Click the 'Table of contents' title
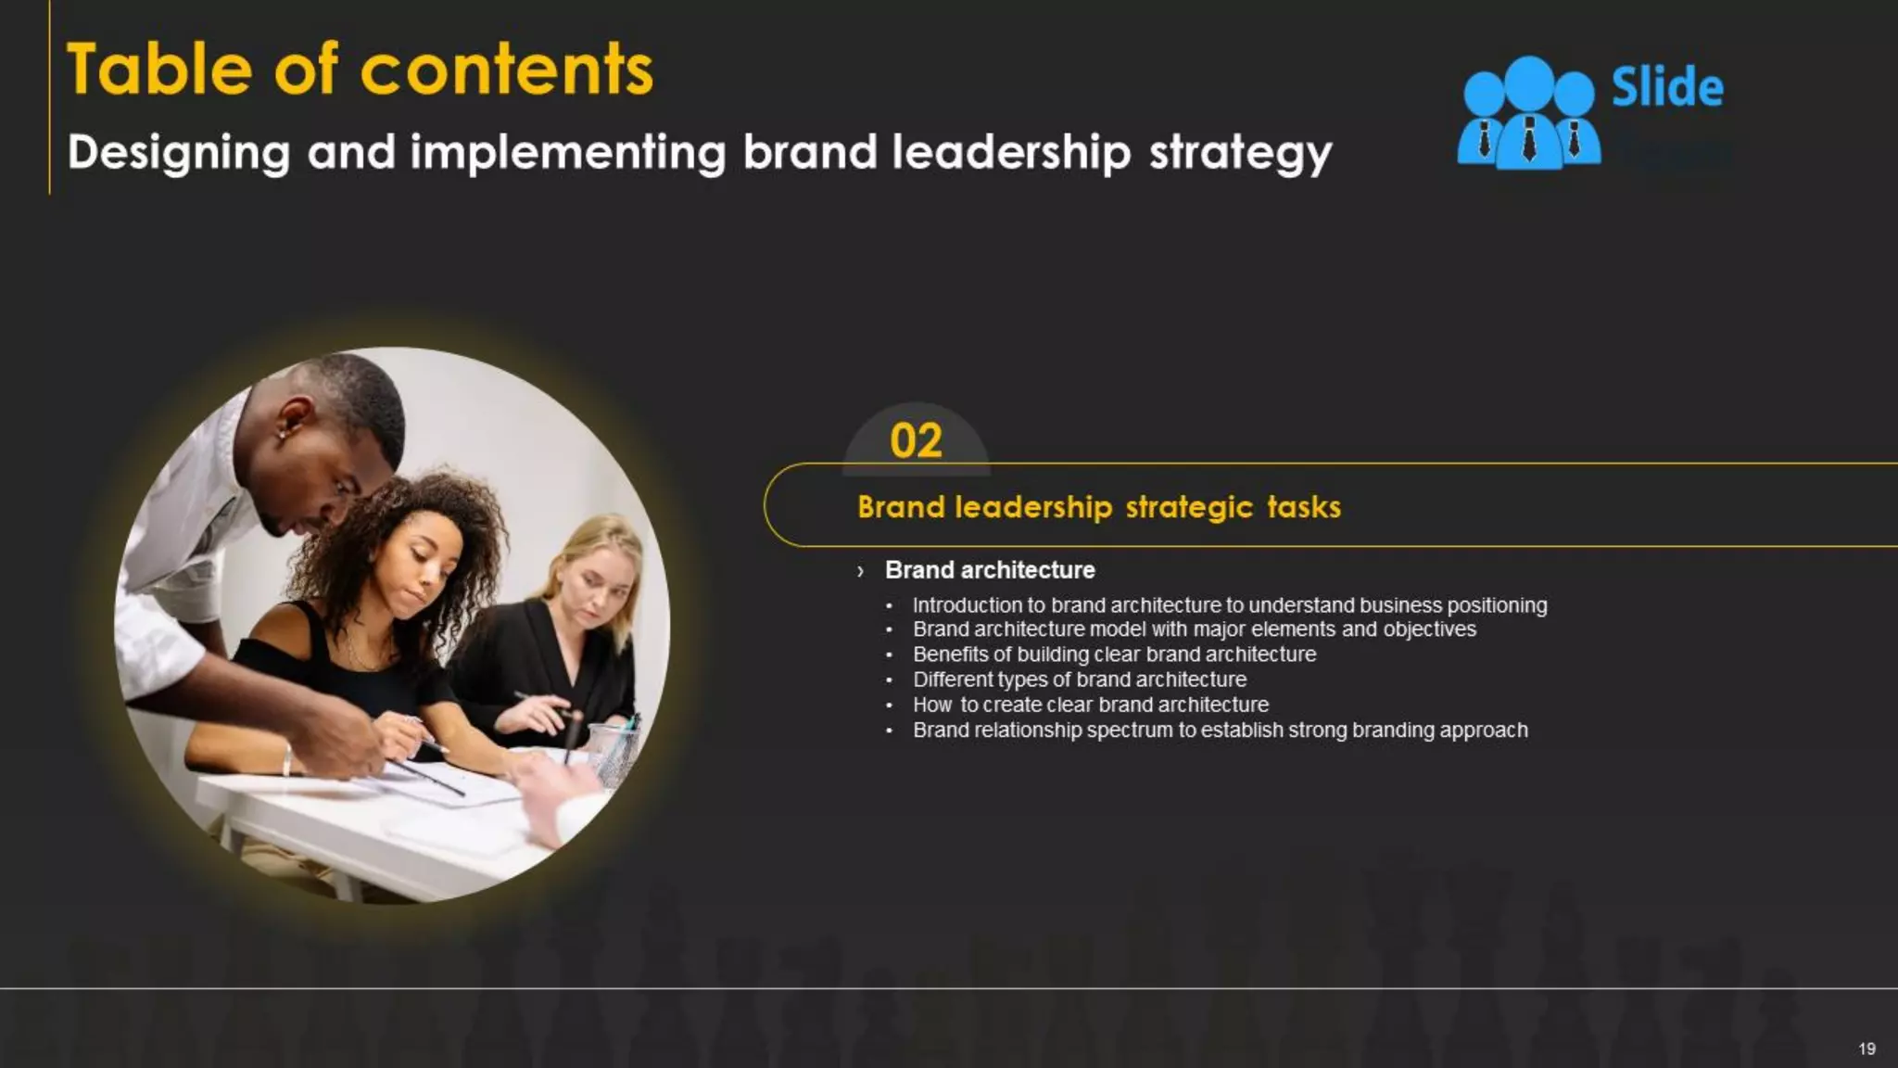point(360,70)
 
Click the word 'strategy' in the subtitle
point(1240,153)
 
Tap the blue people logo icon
point(1528,114)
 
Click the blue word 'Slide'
point(1667,88)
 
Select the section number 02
point(916,440)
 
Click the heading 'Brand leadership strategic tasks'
point(1098,507)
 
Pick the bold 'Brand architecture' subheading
point(990,570)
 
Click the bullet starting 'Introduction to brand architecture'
point(1229,605)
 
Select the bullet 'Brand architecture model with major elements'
point(1194,629)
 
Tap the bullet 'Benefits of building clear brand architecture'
point(1114,655)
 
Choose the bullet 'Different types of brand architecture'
point(1080,680)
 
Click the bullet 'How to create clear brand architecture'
point(1090,705)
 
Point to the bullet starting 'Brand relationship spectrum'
point(1220,731)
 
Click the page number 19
point(1866,1049)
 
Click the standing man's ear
point(296,416)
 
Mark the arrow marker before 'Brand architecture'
point(861,571)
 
